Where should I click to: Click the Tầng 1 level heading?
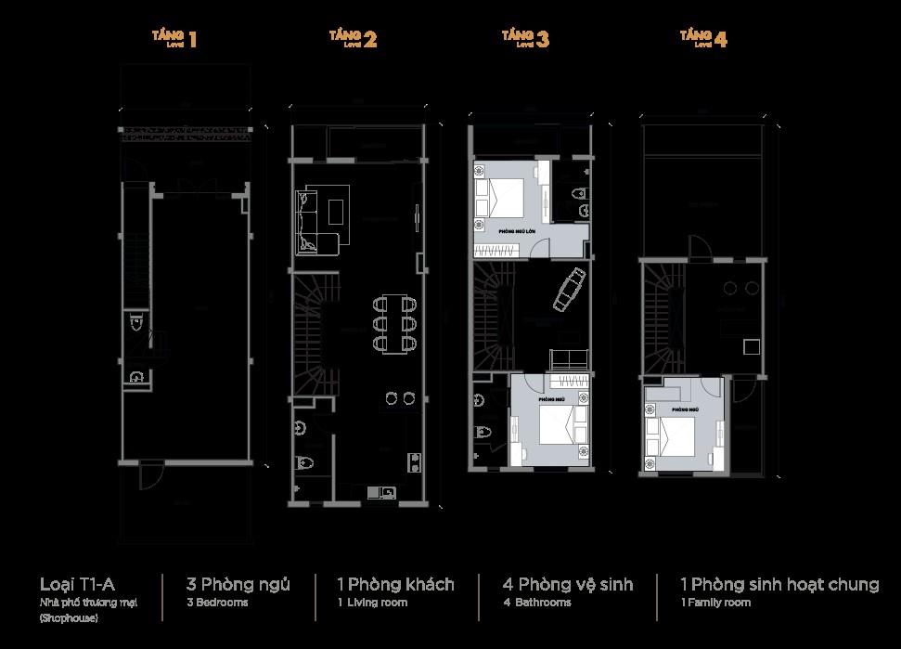tap(175, 38)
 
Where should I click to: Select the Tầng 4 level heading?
tap(703, 38)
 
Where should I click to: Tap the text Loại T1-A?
tap(77, 584)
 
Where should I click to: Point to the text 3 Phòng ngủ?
tap(238, 584)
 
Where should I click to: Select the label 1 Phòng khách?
tap(395, 584)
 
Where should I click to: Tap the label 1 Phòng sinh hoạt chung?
tap(779, 584)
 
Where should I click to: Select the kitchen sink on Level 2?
tap(380, 491)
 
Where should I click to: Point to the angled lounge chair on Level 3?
tap(569, 290)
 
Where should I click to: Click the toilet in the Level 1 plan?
tap(136, 323)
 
